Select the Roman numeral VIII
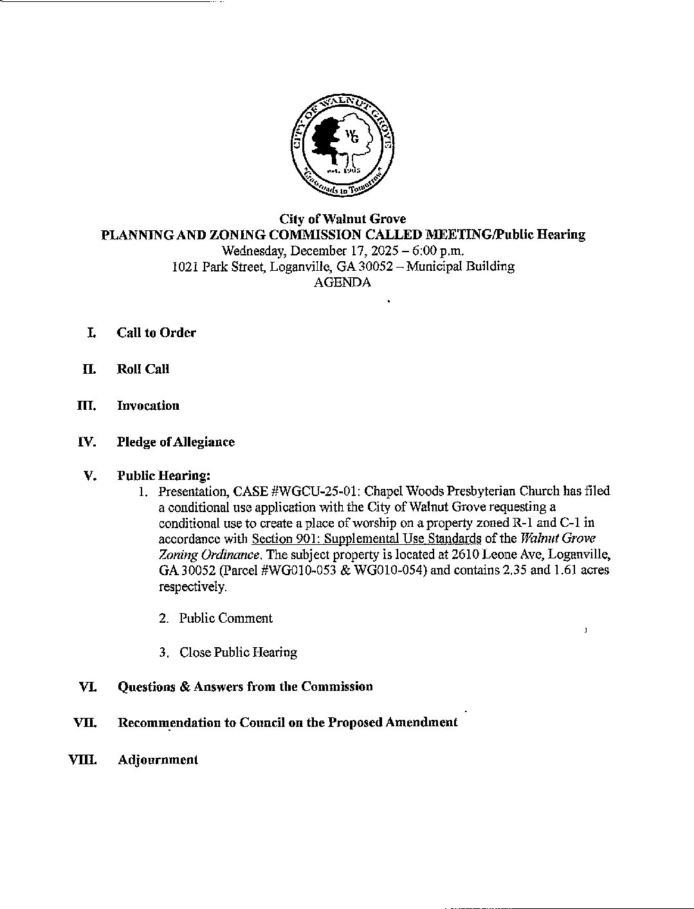pos(83,760)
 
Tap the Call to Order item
pos(156,333)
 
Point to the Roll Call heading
pos(143,369)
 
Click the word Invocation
pos(148,406)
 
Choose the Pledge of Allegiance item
pos(176,442)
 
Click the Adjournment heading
pos(158,760)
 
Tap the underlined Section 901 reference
pos(367,538)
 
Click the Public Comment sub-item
pos(226,618)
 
